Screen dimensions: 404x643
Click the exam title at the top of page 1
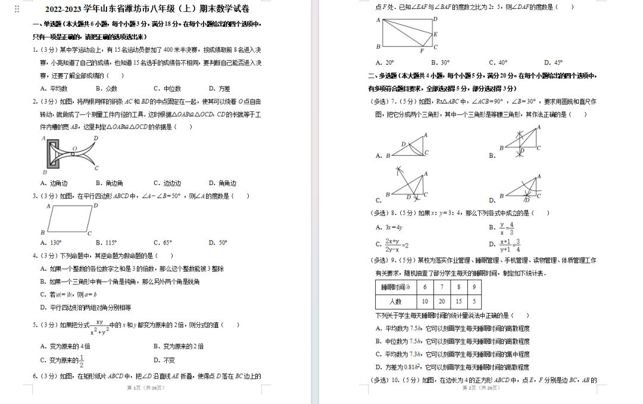click(147, 9)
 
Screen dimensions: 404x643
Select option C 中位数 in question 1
click(167, 89)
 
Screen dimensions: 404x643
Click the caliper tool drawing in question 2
click(70, 154)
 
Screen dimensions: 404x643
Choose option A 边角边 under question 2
click(54, 183)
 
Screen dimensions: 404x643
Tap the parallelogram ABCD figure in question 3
click(70, 219)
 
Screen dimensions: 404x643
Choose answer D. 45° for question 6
click(553, 62)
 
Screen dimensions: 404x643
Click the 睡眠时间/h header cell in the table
click(395, 287)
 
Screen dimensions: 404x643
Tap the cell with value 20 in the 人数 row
click(442, 302)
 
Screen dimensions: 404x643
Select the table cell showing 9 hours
click(474, 287)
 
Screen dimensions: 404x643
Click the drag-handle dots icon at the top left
click(17, 9)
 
